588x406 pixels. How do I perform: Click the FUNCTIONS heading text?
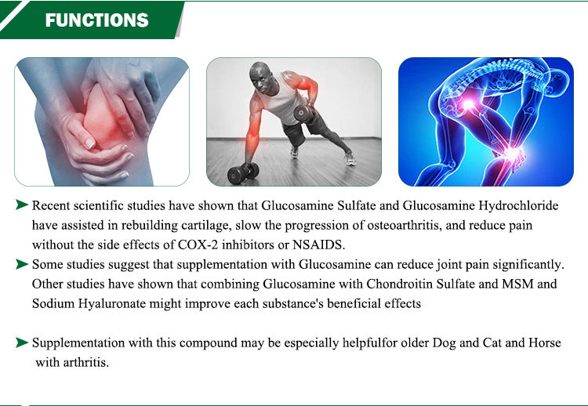(96, 20)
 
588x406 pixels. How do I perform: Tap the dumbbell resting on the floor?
(243, 172)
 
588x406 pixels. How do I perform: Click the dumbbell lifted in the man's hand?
(303, 113)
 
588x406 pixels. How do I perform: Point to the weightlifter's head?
(260, 78)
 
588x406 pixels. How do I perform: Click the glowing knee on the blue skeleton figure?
(513, 153)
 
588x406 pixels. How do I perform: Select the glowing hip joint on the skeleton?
(468, 103)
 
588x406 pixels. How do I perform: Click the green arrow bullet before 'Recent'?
(22, 205)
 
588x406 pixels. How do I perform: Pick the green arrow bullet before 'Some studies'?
(22, 264)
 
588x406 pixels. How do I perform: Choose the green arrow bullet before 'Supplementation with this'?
(22, 343)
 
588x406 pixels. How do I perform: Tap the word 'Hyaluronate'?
(111, 303)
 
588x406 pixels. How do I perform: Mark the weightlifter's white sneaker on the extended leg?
(350, 158)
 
